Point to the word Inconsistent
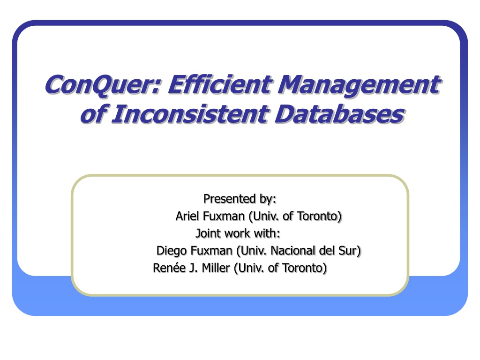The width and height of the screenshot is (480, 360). [x=190, y=114]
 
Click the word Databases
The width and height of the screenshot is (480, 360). [x=340, y=114]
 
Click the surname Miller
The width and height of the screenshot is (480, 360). [x=216, y=268]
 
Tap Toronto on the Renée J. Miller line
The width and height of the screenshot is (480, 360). [x=305, y=268]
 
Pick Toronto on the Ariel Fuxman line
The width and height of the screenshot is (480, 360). [x=319, y=217]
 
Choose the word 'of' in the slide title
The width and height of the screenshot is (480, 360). [x=93, y=114]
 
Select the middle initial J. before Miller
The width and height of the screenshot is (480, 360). [x=194, y=268]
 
